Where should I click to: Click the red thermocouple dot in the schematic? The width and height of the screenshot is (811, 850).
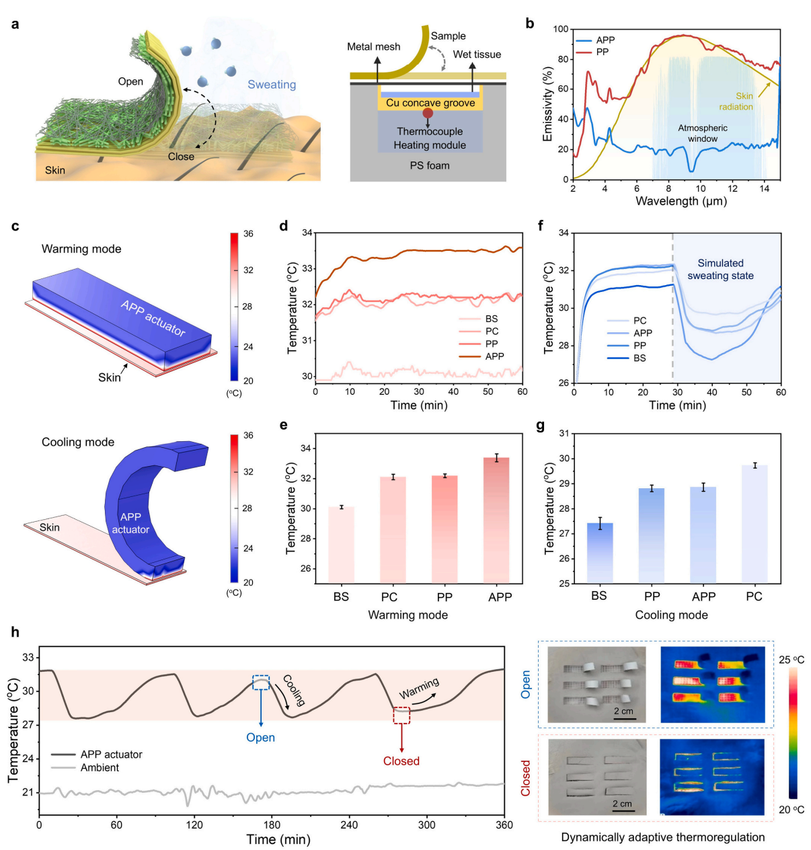click(428, 113)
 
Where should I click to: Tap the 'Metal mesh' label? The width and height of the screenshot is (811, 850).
click(373, 46)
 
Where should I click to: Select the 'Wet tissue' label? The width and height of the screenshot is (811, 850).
click(477, 54)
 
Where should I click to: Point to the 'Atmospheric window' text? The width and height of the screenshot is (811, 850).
click(702, 133)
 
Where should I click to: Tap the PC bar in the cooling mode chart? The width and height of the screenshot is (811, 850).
click(754, 524)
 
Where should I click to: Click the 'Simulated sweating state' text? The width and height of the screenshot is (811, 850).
click(720, 269)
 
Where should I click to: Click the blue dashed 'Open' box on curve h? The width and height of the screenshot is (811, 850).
click(261, 683)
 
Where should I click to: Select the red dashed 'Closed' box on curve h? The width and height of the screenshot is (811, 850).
click(401, 715)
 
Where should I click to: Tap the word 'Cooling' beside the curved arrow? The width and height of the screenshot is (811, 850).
click(293, 690)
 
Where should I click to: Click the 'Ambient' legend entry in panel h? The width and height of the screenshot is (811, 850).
click(100, 768)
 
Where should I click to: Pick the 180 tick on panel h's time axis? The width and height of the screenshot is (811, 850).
click(272, 825)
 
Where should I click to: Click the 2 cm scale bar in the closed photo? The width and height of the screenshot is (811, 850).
click(623, 810)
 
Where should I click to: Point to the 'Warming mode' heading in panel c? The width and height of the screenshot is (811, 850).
click(81, 249)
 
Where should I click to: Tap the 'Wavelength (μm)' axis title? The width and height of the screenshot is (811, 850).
click(681, 201)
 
